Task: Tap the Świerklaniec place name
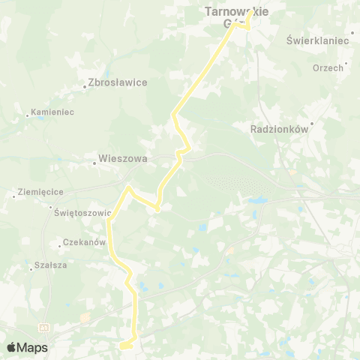[x=318, y=40]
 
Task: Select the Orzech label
[x=328, y=67]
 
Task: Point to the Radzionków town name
[x=279, y=128]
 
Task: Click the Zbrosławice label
[x=118, y=82]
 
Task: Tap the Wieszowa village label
[x=123, y=159]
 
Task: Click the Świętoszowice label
[x=82, y=212]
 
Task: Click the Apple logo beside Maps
[x=12, y=347]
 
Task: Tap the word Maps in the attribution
[x=33, y=347]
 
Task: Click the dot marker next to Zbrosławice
[x=85, y=88]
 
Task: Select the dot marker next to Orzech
[x=346, y=67]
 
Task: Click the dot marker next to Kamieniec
[x=28, y=115]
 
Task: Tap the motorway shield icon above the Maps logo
[x=44, y=327]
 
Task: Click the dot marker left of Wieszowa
[x=94, y=159]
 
